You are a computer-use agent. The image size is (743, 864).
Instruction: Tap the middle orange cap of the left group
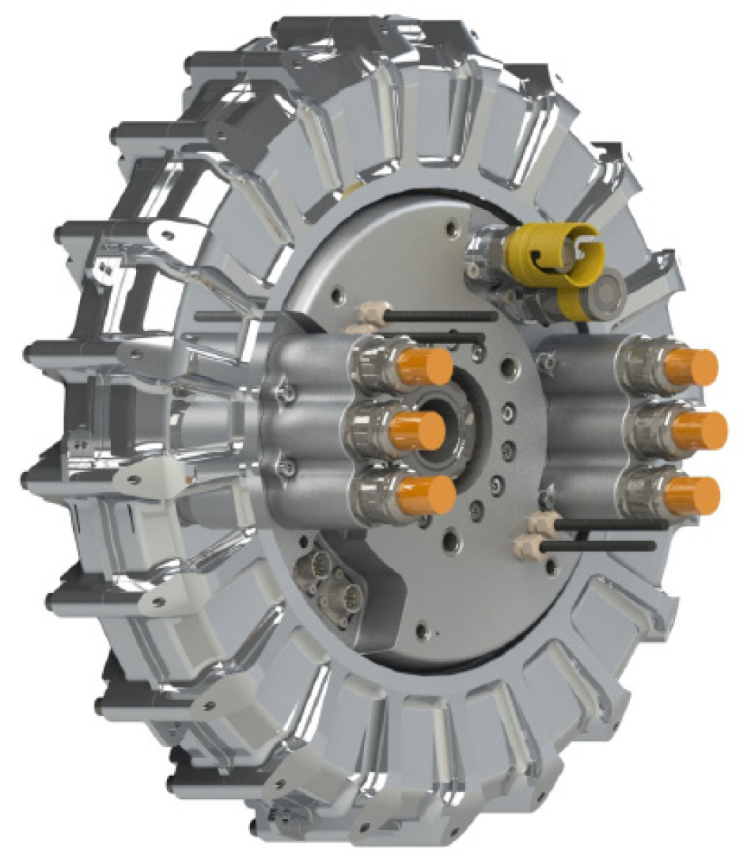coord(417,430)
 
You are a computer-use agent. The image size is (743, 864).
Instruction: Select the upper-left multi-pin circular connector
coord(315,567)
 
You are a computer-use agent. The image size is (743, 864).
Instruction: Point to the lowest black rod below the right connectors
coord(593,545)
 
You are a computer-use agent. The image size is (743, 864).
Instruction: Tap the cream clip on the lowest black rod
coord(527,545)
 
